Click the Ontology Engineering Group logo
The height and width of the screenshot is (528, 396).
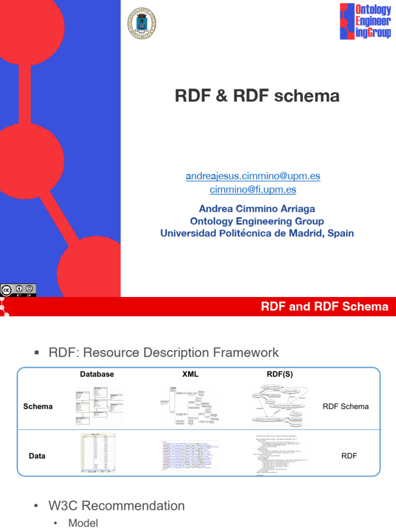pos(365,21)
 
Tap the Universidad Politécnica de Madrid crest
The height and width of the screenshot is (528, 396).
pos(141,23)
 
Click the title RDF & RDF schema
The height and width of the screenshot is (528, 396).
pos(258,96)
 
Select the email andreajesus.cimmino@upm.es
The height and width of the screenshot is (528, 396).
pos(253,176)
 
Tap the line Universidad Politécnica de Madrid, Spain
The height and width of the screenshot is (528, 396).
pos(257,233)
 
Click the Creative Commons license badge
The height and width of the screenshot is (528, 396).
pos(18,290)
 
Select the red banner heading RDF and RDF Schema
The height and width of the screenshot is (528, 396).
pos(324,307)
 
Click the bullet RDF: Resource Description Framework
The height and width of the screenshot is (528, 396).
pos(163,353)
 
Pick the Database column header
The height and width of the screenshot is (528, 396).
pos(97,374)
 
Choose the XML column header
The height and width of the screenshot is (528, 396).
pos(191,374)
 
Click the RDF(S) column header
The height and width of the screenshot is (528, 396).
pos(280,374)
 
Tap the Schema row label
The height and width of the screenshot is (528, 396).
pos(38,406)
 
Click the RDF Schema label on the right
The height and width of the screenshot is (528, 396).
pos(345,406)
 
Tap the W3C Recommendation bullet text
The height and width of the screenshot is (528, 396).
pos(116,506)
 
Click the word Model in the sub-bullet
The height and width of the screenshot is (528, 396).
pos(83,523)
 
